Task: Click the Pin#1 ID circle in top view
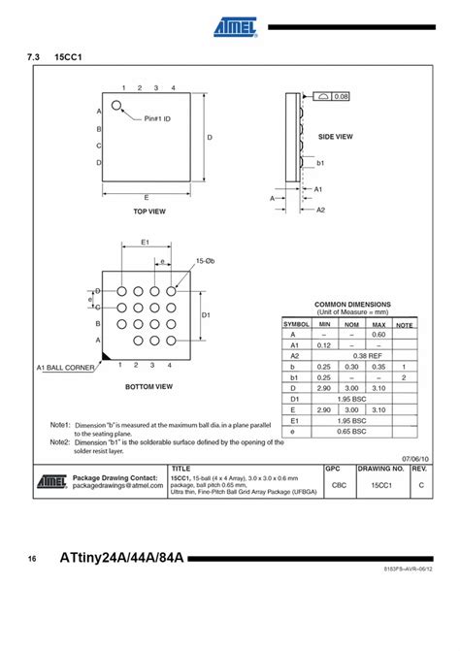pos(117,107)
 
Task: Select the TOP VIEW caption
pos(149,211)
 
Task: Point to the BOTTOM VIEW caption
pos(149,386)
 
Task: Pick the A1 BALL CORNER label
pos(66,368)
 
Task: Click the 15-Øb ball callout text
pos(204,262)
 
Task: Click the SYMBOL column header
pos(296,324)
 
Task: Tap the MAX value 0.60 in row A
pos(378,334)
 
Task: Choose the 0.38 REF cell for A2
pos(352,355)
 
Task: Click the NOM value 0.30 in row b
pos(352,366)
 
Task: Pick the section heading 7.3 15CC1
pos(59,58)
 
